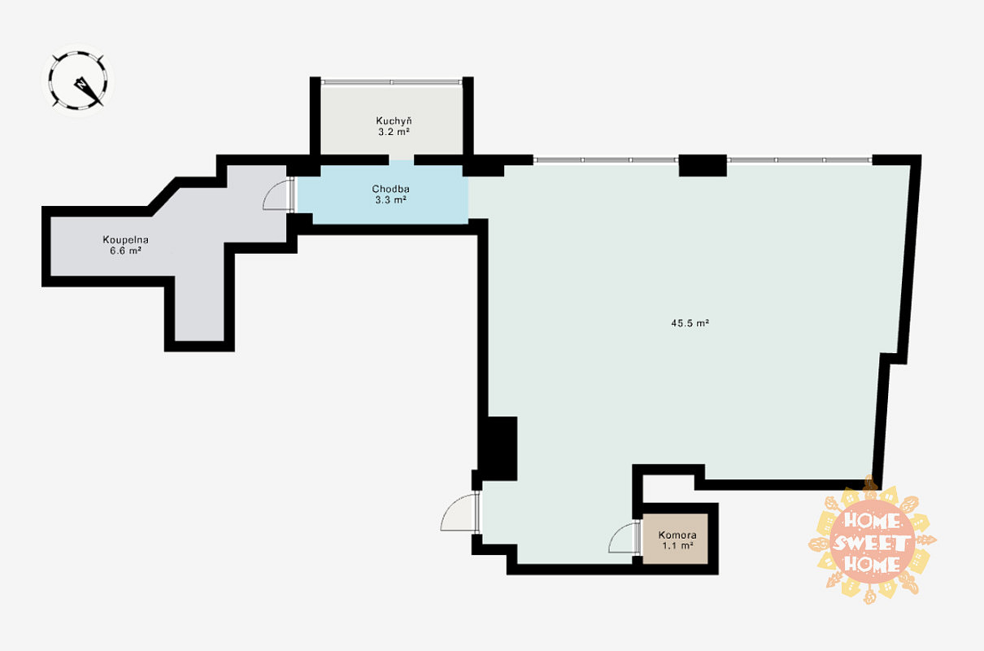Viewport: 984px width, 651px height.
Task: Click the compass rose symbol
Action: (78, 81)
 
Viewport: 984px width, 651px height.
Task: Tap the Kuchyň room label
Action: (394, 120)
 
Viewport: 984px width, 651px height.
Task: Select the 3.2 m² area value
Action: (394, 132)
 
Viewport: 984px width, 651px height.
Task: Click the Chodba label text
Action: (390, 189)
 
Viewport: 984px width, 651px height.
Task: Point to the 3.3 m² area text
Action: (390, 200)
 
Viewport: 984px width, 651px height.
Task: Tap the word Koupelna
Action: (125, 240)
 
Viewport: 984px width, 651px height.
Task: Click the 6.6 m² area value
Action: (125, 251)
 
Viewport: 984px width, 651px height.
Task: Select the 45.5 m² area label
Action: (690, 323)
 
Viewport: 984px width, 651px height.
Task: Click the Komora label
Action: (677, 535)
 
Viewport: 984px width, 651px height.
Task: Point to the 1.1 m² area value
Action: (677, 546)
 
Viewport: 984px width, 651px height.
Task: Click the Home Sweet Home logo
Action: (872, 541)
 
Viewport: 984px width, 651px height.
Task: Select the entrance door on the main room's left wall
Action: (459, 512)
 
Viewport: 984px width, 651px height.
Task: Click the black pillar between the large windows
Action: (703, 165)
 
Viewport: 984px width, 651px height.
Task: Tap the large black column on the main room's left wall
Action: (499, 448)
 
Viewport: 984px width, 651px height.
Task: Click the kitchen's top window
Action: (391, 81)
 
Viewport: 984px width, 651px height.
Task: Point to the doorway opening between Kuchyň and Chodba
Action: (402, 159)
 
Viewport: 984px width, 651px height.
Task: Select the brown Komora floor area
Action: (675, 539)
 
